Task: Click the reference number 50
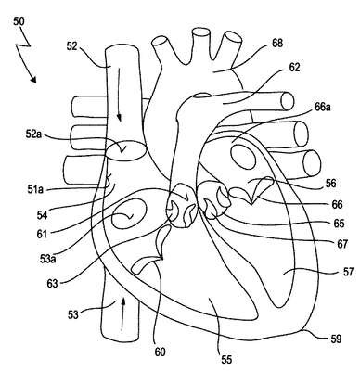(x=19, y=21)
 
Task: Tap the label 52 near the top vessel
(x=72, y=45)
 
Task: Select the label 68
(x=277, y=43)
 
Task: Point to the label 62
(x=294, y=68)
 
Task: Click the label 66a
(x=322, y=107)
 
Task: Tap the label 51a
(x=35, y=189)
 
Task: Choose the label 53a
(x=47, y=259)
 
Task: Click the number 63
(x=52, y=283)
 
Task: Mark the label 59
(x=335, y=339)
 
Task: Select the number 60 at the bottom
(x=160, y=352)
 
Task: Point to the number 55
(x=226, y=359)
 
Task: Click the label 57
(x=348, y=272)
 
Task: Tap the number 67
(x=342, y=244)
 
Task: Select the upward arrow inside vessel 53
(x=122, y=313)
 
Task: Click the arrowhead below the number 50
(x=33, y=80)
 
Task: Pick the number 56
(x=330, y=183)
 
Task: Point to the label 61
(x=41, y=234)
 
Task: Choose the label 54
(x=42, y=215)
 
